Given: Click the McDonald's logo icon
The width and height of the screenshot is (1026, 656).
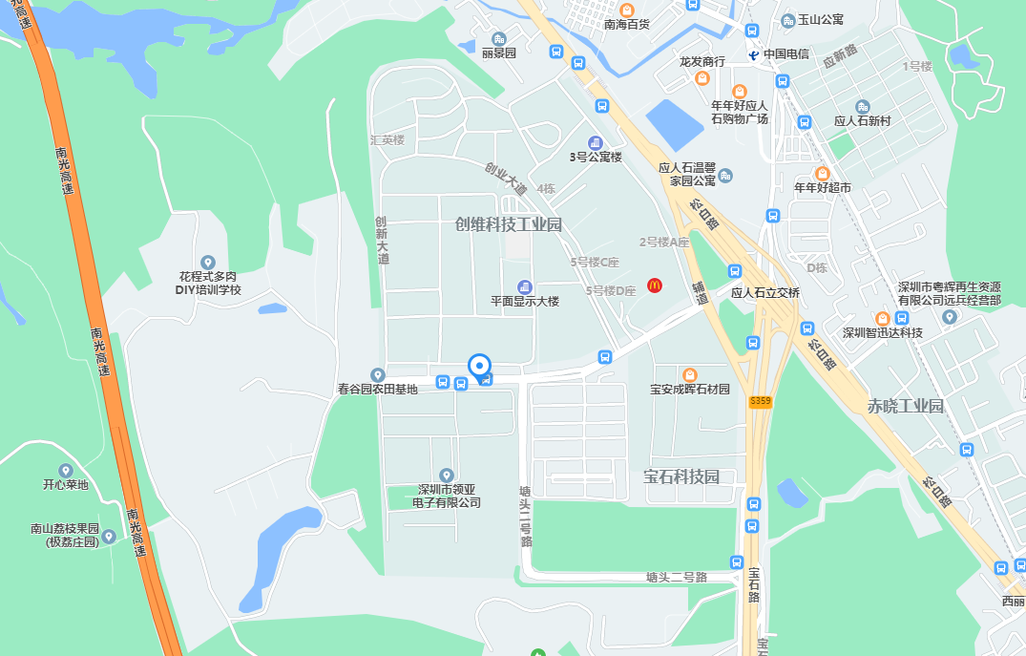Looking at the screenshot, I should tap(655, 285).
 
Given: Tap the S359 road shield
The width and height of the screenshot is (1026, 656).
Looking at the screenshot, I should tap(760, 403).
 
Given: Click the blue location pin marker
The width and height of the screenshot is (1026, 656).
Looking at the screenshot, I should tap(479, 367).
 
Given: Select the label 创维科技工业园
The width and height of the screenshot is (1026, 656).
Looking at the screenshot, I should tap(509, 224).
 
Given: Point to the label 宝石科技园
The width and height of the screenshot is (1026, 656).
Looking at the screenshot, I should tap(681, 476).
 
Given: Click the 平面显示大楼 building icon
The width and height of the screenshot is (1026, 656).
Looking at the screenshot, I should tap(524, 286).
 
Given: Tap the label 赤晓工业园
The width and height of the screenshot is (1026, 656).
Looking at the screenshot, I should tap(905, 406).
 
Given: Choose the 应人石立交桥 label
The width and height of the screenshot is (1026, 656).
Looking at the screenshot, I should tap(765, 293).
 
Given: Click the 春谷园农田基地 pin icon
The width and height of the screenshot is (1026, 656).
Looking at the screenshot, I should tap(378, 374).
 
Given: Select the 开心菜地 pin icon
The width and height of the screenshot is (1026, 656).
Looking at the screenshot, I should tap(65, 470).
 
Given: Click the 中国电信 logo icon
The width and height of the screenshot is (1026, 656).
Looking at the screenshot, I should tap(753, 54).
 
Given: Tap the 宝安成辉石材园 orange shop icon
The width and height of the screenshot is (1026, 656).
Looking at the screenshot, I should tap(689, 373).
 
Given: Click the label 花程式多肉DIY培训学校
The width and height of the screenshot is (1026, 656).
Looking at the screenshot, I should tap(209, 283).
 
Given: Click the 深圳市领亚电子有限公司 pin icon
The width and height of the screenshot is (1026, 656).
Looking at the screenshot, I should tap(446, 475).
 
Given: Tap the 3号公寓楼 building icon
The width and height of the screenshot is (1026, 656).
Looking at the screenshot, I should tap(595, 142).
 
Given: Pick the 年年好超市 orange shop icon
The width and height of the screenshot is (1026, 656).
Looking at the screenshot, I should tap(822, 173).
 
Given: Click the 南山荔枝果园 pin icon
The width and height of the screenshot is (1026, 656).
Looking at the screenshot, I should tap(109, 536).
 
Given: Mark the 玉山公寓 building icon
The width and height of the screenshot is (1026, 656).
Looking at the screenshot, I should tap(788, 20).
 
